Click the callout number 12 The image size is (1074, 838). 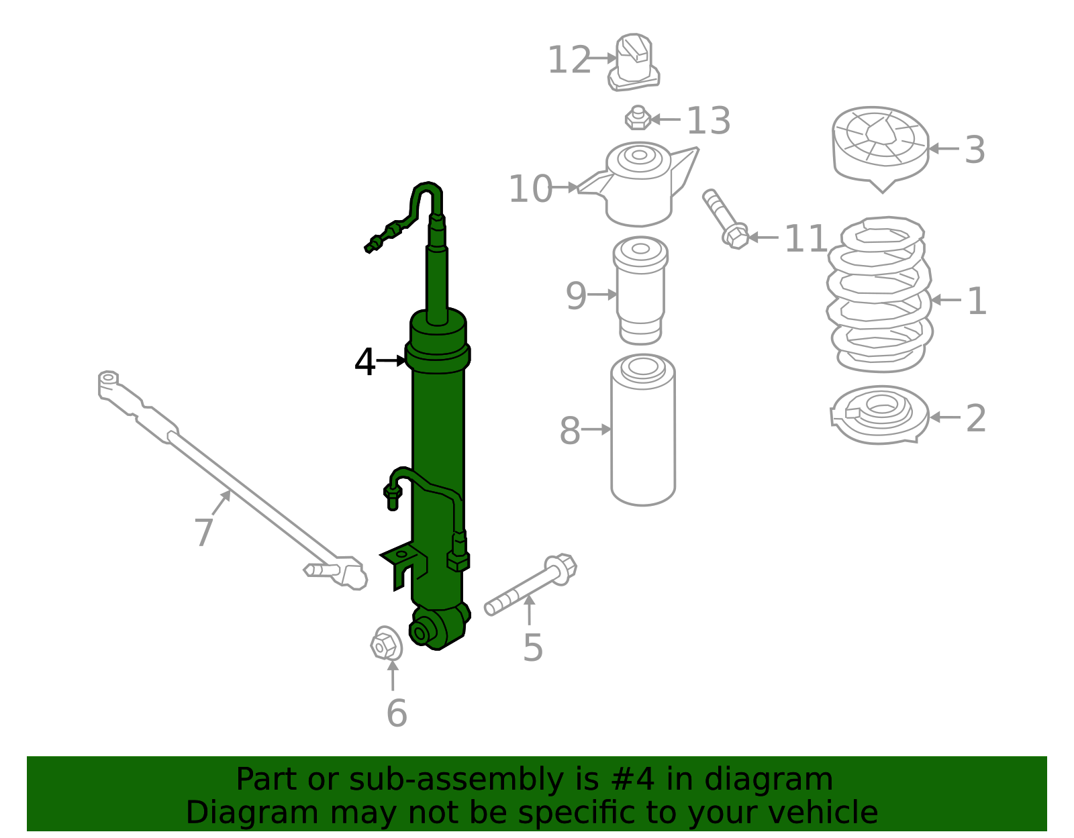point(569,60)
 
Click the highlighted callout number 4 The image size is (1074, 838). point(364,362)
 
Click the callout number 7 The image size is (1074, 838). point(203,533)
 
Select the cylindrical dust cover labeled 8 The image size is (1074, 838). point(643,429)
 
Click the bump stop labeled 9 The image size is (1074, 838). point(640,290)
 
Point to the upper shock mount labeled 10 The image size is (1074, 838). point(638,185)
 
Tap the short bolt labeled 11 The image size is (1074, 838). point(725,219)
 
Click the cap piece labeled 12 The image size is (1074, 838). point(634,64)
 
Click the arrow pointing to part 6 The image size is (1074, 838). point(393,674)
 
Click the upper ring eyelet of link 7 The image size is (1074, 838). point(108,378)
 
